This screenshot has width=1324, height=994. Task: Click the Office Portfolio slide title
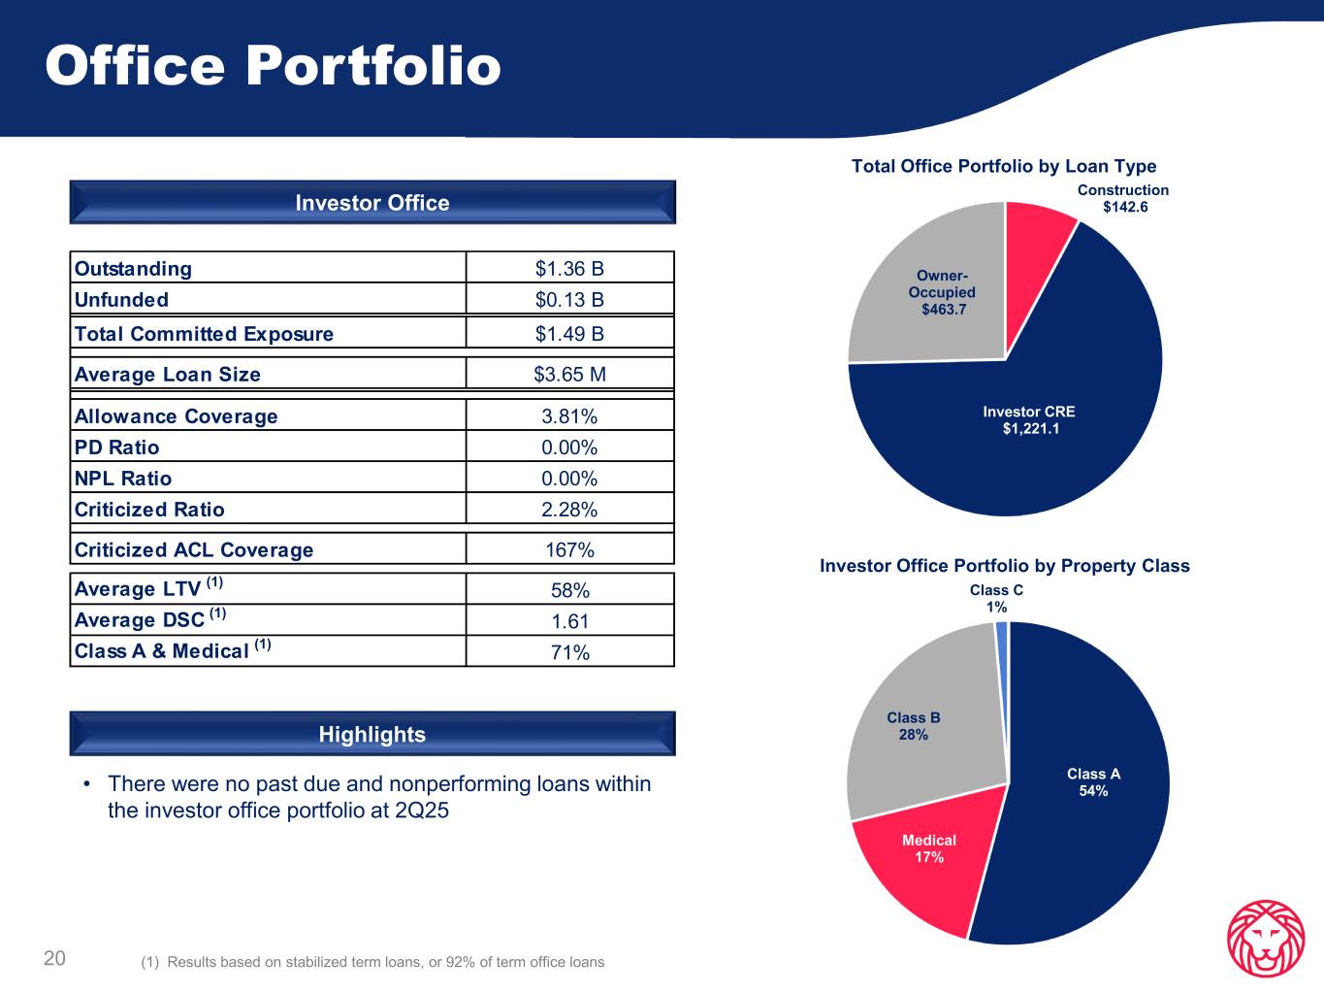coord(273,67)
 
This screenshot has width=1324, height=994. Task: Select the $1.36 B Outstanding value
coord(569,268)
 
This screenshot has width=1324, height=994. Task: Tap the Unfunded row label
coord(121,299)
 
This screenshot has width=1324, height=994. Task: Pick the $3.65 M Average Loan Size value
coord(569,375)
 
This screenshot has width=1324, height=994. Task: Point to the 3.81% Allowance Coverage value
coord(569,416)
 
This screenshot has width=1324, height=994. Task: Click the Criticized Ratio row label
coord(149,510)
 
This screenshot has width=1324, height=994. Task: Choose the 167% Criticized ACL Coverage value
coord(569,550)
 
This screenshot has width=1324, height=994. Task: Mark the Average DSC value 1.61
coord(569,621)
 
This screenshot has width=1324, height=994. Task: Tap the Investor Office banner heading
coord(372,203)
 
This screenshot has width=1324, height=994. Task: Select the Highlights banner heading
coord(372,734)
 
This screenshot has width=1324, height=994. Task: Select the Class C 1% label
coord(996,598)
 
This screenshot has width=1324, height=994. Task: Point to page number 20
coord(54,959)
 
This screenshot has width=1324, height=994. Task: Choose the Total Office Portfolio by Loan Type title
coord(1004,167)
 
